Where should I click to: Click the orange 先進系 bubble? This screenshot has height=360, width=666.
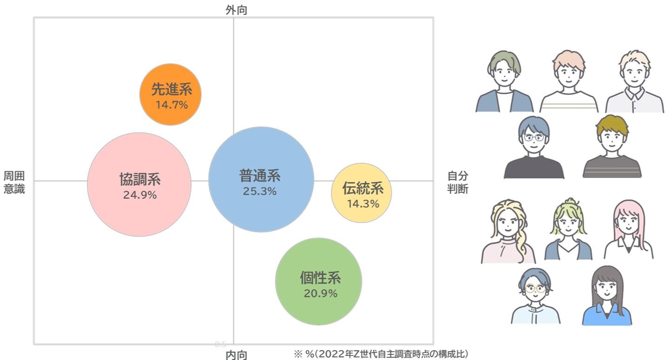pyautogui.click(x=171, y=94)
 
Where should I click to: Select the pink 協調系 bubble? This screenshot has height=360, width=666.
pyautogui.click(x=139, y=184)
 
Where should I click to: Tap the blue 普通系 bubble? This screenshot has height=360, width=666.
pyautogui.click(x=261, y=179)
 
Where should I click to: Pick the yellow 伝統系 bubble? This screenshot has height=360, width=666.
pyautogui.click(x=362, y=192)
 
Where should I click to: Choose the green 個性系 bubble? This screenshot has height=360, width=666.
pyautogui.click(x=318, y=281)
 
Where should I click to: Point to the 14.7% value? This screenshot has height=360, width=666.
pyautogui.click(x=171, y=105)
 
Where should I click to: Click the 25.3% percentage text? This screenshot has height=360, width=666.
pyautogui.click(x=260, y=191)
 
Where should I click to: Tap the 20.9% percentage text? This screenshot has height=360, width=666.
pyautogui.click(x=321, y=294)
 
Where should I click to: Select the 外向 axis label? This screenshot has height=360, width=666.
pyautogui.click(x=236, y=10)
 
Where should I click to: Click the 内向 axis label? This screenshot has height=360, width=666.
pyautogui.click(x=236, y=355)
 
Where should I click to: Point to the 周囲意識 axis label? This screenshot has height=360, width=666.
pyautogui.click(x=14, y=182)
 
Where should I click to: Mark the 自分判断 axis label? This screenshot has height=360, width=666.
pyautogui.click(x=458, y=182)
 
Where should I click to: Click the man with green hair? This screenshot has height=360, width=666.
pyautogui.click(x=504, y=82)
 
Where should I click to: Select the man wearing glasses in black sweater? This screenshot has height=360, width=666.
pyautogui.click(x=534, y=148)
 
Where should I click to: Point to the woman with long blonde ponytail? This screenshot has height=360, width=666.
pyautogui.click(x=508, y=231)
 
